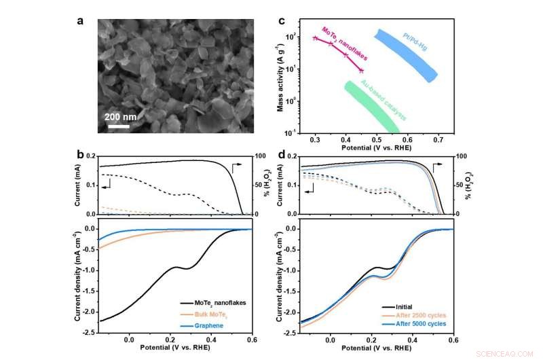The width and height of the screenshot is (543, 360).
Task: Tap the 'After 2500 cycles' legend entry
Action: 419,317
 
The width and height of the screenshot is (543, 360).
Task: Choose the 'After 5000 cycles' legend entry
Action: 419,326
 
